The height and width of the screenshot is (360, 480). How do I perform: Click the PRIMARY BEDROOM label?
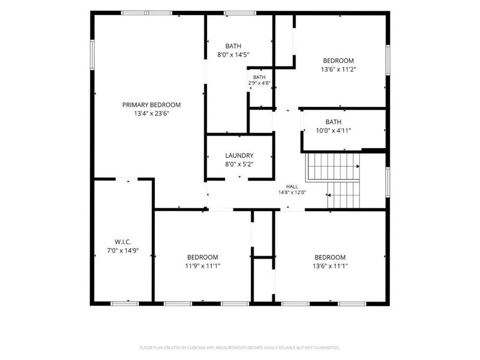[152, 105]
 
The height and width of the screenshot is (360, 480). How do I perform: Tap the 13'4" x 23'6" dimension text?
[152, 113]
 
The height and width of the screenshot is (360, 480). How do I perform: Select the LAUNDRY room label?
[239, 155]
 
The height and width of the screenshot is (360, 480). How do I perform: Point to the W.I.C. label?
[123, 242]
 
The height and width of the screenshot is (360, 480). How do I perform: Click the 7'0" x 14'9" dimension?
[123, 251]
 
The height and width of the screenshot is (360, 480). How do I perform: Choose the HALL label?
[292, 187]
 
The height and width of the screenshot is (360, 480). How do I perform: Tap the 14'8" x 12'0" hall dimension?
[292, 193]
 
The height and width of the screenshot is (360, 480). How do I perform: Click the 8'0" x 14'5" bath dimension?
[233, 55]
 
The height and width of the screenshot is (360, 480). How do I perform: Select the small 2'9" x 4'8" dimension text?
[259, 83]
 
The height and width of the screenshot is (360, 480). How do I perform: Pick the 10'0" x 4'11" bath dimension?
[334, 131]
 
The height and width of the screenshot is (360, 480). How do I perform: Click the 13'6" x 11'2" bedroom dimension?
[338, 70]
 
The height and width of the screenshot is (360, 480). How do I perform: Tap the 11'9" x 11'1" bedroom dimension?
[203, 266]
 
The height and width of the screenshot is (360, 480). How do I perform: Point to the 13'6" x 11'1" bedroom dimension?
[330, 266]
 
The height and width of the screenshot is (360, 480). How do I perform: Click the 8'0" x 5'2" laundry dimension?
[239, 164]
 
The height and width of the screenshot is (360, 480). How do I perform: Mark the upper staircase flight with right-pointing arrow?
[333, 167]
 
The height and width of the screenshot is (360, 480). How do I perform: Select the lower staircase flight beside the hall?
[343, 195]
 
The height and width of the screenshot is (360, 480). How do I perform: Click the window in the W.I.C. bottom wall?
[125, 304]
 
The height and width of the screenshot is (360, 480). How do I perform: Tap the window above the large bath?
[240, 13]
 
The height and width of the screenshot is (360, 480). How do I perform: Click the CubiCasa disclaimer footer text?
[239, 348]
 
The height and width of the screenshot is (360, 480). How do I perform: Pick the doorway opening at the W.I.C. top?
[127, 179]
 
